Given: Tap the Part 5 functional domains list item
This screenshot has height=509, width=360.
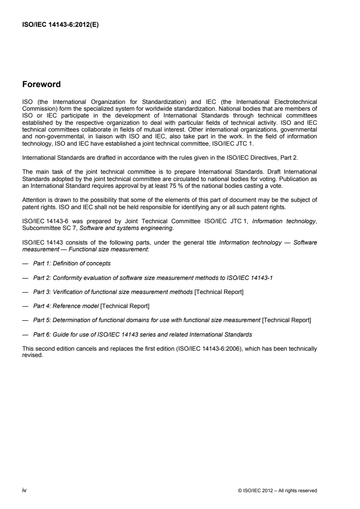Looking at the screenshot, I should pyautogui.click(x=172, y=321).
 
